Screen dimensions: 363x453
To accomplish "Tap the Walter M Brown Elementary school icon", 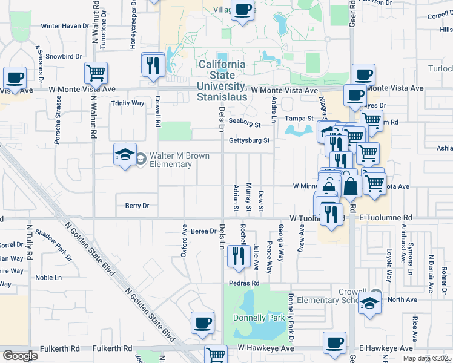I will tap(125, 154).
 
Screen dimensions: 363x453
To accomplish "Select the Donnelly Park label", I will tap(259, 318).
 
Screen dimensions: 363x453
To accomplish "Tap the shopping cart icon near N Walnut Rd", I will tap(96, 73).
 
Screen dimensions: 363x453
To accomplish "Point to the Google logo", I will tap(20, 356).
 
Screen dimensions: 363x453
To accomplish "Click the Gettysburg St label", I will tap(248, 141).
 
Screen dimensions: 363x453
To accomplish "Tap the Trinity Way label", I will tap(127, 103).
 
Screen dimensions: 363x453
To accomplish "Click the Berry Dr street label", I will tap(137, 206).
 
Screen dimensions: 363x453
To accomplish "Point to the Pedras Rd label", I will tap(244, 283).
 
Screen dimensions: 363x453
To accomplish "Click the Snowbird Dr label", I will tap(64, 57).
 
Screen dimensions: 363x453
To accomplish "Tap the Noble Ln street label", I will tap(48, 278).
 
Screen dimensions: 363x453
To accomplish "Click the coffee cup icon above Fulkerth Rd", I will tap(203, 322).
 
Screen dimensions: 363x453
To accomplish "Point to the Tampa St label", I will tap(299, 119).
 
